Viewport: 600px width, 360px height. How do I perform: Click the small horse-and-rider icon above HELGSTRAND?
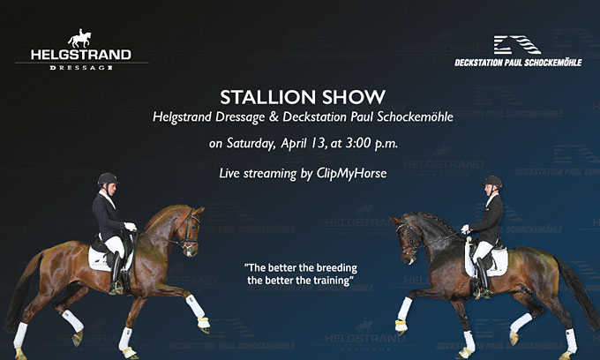(x=80, y=38)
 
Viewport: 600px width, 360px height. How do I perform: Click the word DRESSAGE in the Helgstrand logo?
(x=81, y=68)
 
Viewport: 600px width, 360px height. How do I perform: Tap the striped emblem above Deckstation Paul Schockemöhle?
(x=517, y=45)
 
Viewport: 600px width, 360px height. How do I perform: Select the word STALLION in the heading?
(x=268, y=97)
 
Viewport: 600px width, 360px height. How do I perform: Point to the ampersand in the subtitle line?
(x=274, y=117)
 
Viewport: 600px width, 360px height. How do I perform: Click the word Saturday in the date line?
(x=251, y=144)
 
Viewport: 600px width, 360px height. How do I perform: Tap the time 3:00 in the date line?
(x=358, y=143)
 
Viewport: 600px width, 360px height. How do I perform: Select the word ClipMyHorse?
(x=351, y=173)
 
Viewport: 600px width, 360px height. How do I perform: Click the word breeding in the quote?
(x=334, y=268)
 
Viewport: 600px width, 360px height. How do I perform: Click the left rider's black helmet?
(x=107, y=179)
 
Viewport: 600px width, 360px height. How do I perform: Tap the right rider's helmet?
(x=492, y=182)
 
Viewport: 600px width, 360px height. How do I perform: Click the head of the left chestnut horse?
(x=191, y=230)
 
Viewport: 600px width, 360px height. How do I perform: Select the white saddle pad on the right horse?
(x=493, y=261)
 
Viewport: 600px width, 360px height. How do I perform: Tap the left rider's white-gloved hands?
(x=131, y=227)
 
